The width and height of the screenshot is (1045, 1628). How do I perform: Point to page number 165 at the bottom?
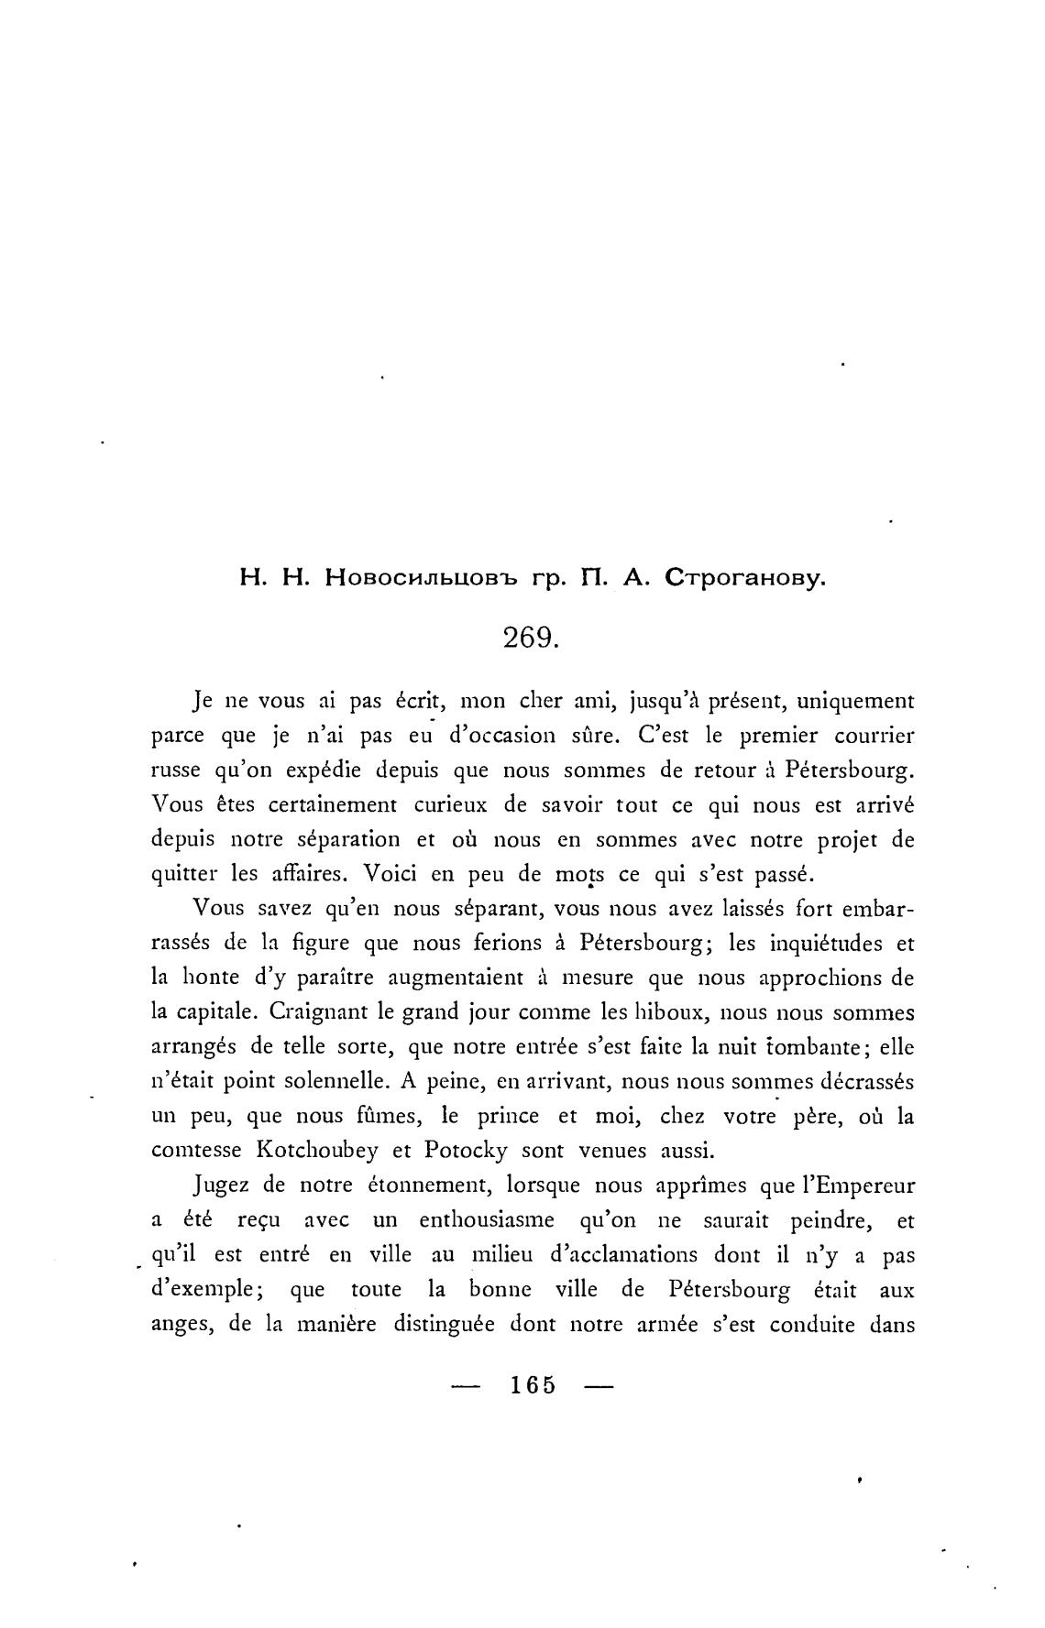pyautogui.click(x=533, y=1384)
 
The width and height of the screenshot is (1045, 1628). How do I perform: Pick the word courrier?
pyautogui.click(x=871, y=736)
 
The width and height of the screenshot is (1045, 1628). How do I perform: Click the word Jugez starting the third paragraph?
pyautogui.click(x=223, y=1185)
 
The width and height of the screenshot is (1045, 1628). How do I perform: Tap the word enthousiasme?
pyautogui.click(x=486, y=1220)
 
